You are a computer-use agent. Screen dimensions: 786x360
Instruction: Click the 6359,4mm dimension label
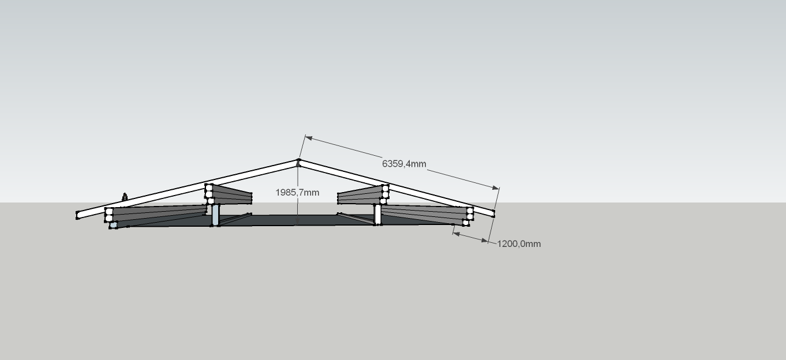point(404,164)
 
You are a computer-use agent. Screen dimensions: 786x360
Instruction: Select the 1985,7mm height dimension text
point(297,192)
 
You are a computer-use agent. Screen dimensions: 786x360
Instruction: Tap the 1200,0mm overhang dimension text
point(519,244)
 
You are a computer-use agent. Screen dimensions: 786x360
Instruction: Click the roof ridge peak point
point(298,160)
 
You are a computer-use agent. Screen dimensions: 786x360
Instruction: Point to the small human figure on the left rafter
point(125,197)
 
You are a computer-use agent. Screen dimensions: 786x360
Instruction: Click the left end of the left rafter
point(77,215)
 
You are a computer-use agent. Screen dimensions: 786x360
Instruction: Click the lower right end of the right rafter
point(493,213)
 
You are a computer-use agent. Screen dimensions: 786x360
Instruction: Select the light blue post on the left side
point(215,215)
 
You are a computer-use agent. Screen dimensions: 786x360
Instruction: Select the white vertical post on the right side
point(377,215)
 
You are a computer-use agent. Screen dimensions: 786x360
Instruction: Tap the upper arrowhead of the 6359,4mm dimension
point(308,138)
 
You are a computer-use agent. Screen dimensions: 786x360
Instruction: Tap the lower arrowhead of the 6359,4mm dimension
point(496,188)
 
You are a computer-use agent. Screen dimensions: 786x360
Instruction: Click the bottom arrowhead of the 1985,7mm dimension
point(297,222)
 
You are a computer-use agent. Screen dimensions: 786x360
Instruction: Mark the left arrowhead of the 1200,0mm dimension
point(456,233)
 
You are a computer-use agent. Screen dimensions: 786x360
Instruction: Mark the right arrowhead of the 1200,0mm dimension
point(485,241)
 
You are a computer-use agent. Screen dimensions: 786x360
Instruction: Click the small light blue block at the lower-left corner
point(113,225)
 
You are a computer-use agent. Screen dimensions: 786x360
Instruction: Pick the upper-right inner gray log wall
point(360,195)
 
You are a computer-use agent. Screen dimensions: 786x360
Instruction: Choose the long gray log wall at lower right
point(425,213)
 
